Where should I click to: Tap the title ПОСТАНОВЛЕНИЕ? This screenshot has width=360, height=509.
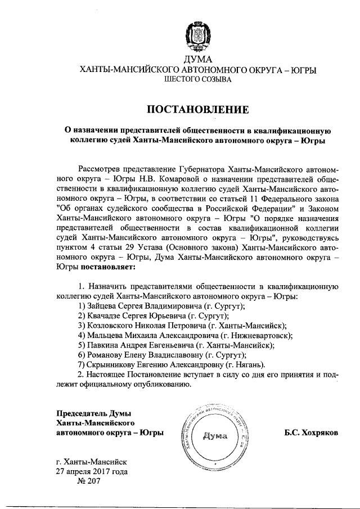196,108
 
